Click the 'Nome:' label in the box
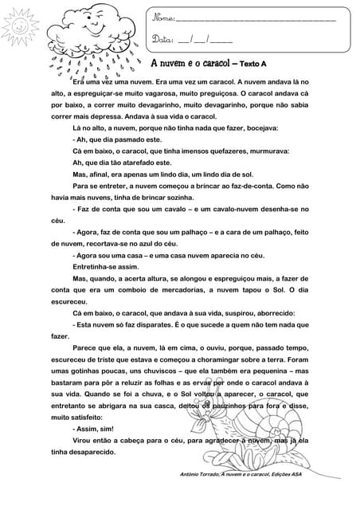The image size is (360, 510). coord(162,18)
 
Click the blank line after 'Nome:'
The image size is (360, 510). coord(255,20)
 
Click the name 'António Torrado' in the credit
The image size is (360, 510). coord(207,474)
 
